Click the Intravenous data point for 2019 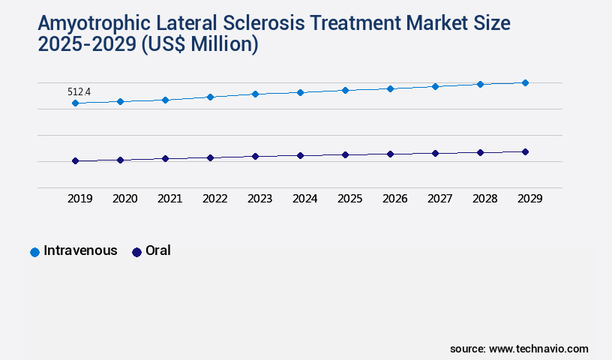(75, 103)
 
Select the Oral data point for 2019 (75, 160)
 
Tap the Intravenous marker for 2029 (525, 82)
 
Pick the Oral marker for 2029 (525, 151)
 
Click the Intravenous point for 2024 (300, 92)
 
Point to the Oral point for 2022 (210, 157)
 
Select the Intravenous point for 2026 (390, 88)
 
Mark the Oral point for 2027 (435, 153)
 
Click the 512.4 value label (79, 91)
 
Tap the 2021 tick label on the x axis (169, 199)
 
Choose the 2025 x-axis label (349, 199)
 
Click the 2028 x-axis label (484, 199)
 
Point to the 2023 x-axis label (259, 199)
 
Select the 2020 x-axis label (124, 199)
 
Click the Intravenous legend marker (34, 252)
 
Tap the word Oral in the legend (157, 250)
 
